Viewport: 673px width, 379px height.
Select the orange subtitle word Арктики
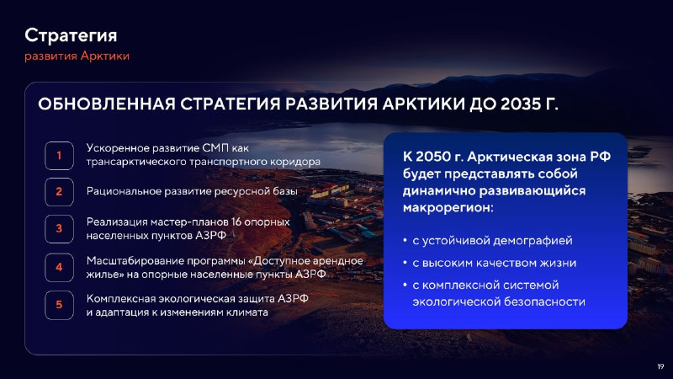104,56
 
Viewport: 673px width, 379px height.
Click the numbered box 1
59,156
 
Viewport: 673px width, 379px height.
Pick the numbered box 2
59,192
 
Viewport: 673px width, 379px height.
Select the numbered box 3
59,228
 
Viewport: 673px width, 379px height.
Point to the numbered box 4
59,267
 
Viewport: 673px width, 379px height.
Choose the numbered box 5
59,305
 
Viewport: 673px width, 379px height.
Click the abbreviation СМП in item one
215,148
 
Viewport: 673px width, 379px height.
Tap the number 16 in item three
236,222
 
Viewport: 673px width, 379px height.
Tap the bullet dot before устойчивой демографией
405,240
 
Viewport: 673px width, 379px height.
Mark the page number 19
660,366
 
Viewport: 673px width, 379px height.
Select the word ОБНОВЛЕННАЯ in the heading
107,104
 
